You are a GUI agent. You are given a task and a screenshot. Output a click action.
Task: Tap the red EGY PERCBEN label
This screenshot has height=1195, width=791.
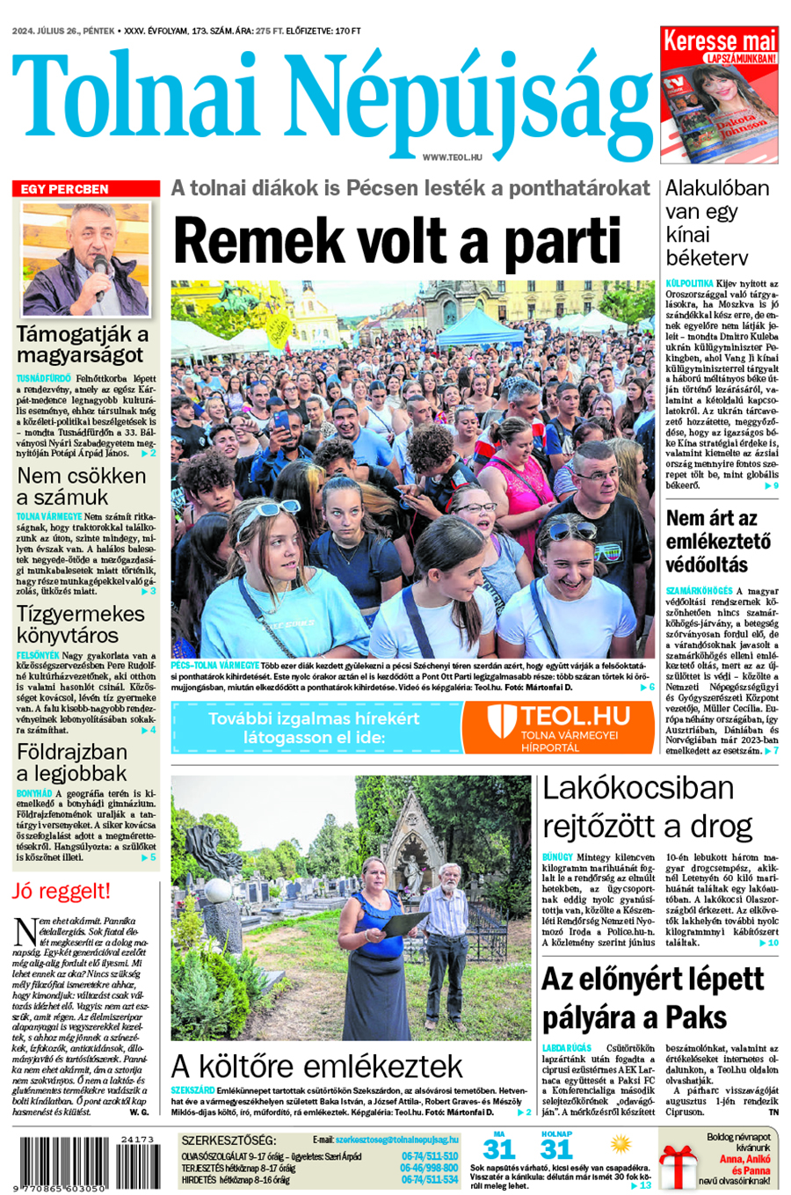click(85, 189)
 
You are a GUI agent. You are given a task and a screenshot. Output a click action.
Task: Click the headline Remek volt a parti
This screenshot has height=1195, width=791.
click(397, 241)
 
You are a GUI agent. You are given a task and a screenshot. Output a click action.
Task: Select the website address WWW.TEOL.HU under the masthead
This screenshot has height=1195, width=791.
click(452, 157)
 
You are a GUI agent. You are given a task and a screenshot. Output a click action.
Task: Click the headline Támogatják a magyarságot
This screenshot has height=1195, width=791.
click(82, 345)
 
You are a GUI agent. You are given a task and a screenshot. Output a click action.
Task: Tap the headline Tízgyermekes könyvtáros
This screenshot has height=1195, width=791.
click(80, 624)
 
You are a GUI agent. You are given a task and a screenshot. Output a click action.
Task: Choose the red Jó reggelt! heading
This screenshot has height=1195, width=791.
click(62, 891)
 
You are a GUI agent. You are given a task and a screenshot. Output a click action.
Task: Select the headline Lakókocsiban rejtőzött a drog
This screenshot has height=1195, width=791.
click(647, 807)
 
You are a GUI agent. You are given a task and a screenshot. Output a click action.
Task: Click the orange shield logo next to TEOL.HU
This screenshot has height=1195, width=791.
click(502, 723)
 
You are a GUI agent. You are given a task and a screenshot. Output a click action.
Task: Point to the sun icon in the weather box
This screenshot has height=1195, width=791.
click(620, 1145)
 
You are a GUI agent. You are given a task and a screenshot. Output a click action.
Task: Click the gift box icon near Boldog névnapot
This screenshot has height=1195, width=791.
click(678, 1165)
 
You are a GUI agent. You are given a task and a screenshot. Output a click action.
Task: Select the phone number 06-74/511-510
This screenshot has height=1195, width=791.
click(430, 1156)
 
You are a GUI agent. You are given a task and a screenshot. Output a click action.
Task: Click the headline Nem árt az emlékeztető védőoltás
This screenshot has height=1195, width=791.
click(718, 541)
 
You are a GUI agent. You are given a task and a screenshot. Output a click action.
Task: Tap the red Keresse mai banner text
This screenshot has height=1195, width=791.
click(719, 40)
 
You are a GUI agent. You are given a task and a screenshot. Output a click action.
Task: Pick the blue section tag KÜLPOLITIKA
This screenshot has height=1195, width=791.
click(689, 284)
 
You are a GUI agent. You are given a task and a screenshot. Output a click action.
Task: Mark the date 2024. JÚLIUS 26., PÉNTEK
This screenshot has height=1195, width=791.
click(63, 31)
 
